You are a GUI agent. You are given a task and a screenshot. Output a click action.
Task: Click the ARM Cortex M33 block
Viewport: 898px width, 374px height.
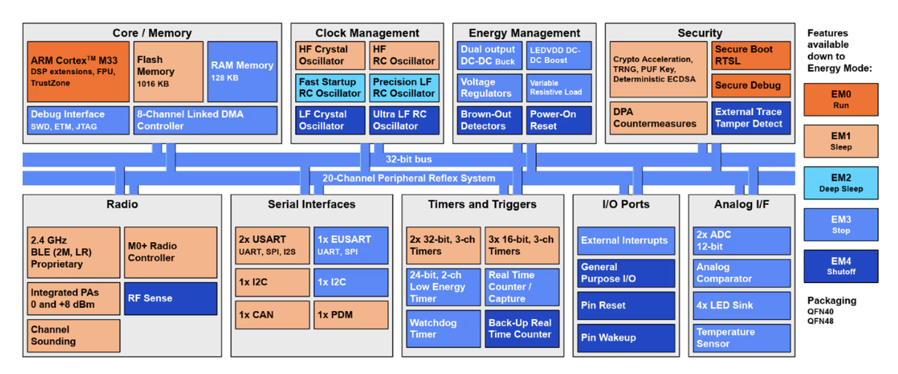click(x=78, y=71)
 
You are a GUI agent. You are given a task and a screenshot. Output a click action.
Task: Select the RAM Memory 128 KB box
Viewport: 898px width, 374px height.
click(x=242, y=71)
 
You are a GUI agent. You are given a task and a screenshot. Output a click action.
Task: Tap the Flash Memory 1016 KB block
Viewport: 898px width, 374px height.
click(x=168, y=71)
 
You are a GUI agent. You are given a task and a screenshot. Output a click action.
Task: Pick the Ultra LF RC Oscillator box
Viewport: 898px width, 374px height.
click(x=404, y=120)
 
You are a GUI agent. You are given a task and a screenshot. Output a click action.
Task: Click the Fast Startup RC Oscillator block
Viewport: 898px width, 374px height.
click(x=330, y=87)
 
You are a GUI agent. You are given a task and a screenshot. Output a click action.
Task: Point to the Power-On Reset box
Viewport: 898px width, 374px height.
click(x=559, y=120)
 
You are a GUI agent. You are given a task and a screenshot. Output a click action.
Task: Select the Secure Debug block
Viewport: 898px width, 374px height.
click(x=751, y=85)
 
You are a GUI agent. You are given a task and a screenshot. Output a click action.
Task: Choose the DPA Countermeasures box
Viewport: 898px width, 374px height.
click(x=658, y=118)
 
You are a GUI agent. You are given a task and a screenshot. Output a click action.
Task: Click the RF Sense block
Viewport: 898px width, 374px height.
click(x=171, y=298)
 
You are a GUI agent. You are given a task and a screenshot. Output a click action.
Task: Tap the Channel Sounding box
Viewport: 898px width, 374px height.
click(x=74, y=335)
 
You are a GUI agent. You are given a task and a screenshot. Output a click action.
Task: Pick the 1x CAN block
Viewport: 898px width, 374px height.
click(x=272, y=315)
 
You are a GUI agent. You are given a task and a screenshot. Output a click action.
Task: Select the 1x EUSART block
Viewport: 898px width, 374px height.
click(x=351, y=245)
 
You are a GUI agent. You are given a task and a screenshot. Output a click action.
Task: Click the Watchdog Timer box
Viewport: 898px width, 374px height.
click(x=443, y=329)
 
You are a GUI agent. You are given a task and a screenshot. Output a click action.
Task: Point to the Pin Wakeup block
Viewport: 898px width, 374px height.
click(x=626, y=338)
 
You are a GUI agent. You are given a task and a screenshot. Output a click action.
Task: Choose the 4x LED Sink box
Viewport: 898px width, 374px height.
click(x=742, y=305)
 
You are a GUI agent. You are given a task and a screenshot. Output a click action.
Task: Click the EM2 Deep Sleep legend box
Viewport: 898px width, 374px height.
click(x=841, y=183)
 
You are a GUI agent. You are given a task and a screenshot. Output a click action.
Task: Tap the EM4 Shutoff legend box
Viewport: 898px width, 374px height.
click(x=841, y=266)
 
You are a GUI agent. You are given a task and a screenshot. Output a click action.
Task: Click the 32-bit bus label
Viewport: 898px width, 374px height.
click(x=409, y=159)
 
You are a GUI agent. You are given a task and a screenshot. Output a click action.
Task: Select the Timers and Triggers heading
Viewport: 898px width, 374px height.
click(x=482, y=204)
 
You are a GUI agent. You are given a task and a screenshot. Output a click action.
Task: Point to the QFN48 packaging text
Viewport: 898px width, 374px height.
click(x=820, y=321)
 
